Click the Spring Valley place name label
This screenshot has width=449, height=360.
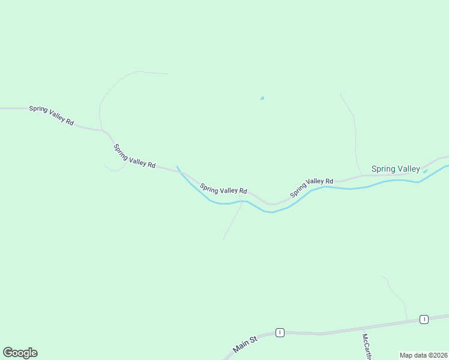[x=396, y=169]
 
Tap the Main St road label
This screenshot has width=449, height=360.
[x=245, y=344]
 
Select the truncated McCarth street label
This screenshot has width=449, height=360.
[x=366, y=347]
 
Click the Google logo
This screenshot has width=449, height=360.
[x=20, y=353]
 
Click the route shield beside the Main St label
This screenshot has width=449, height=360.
[x=279, y=332]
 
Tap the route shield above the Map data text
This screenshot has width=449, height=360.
[x=424, y=319]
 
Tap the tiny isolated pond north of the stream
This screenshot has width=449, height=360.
[x=262, y=98]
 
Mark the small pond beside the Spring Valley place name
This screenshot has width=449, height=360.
[x=425, y=172]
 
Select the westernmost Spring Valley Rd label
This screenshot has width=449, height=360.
[x=52, y=115]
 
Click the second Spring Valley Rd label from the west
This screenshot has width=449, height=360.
[x=134, y=156]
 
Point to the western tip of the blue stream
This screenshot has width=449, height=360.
[x=177, y=167]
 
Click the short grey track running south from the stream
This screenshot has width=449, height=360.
[x=232, y=222]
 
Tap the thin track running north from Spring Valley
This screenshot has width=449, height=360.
[x=354, y=132]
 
